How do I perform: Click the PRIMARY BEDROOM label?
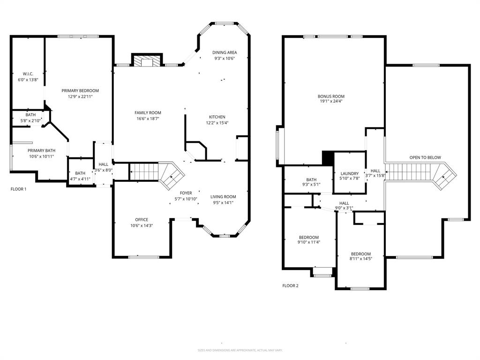80,90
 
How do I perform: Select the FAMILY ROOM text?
148,112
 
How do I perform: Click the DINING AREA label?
224,52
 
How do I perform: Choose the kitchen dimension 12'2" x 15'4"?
217,123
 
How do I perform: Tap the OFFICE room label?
142,219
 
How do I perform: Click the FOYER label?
186,193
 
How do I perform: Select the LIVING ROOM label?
223,197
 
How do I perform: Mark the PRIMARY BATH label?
41,150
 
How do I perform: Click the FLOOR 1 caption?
18,189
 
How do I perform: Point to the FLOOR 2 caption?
290,285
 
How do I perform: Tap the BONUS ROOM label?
331,97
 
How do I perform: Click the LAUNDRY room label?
349,173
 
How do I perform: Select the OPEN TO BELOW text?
425,157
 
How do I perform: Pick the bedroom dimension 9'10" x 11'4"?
308,242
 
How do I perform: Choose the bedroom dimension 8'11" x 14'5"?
360,259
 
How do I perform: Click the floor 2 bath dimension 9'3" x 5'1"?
311,185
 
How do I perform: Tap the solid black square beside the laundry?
328,157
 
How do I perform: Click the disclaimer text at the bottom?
240,350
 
